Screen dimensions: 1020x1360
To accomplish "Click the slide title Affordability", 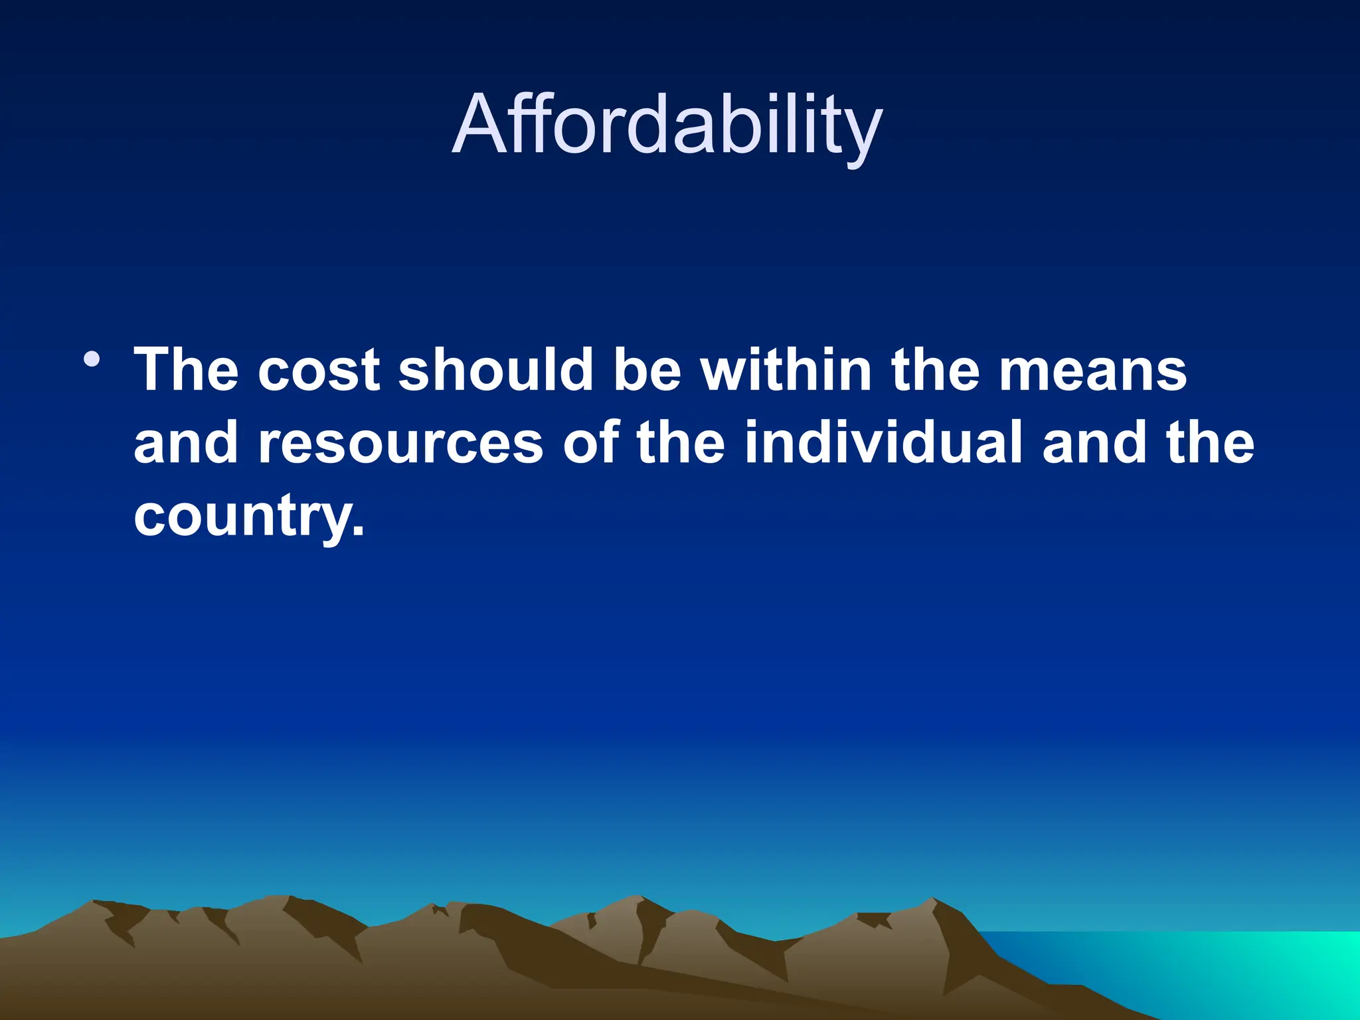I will coord(667,125).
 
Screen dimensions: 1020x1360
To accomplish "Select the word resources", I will coord(401,443).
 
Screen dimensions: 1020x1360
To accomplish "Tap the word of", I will coord(591,443).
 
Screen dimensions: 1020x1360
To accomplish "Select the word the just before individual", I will coord(680,443).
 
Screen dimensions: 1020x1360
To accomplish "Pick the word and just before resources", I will coord(186,443).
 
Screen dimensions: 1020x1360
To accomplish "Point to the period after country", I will coord(359,531).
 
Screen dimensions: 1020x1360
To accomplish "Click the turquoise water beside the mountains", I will coord(1229,970).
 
